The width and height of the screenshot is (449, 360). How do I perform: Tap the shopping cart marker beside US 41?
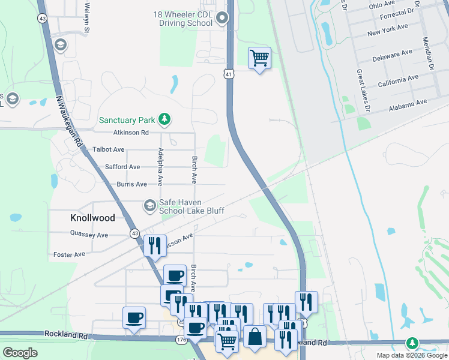pos(259,59)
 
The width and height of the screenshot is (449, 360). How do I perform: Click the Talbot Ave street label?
pos(108,149)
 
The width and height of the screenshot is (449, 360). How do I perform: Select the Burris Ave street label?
pos(132,184)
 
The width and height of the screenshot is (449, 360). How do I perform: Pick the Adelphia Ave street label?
pos(160,166)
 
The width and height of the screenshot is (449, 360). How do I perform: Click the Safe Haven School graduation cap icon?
pos(149,206)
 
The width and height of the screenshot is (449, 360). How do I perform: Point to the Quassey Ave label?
pos(89,235)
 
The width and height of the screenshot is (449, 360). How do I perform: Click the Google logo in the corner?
pos(20,353)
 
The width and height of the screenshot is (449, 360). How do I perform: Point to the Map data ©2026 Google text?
pos(411,355)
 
